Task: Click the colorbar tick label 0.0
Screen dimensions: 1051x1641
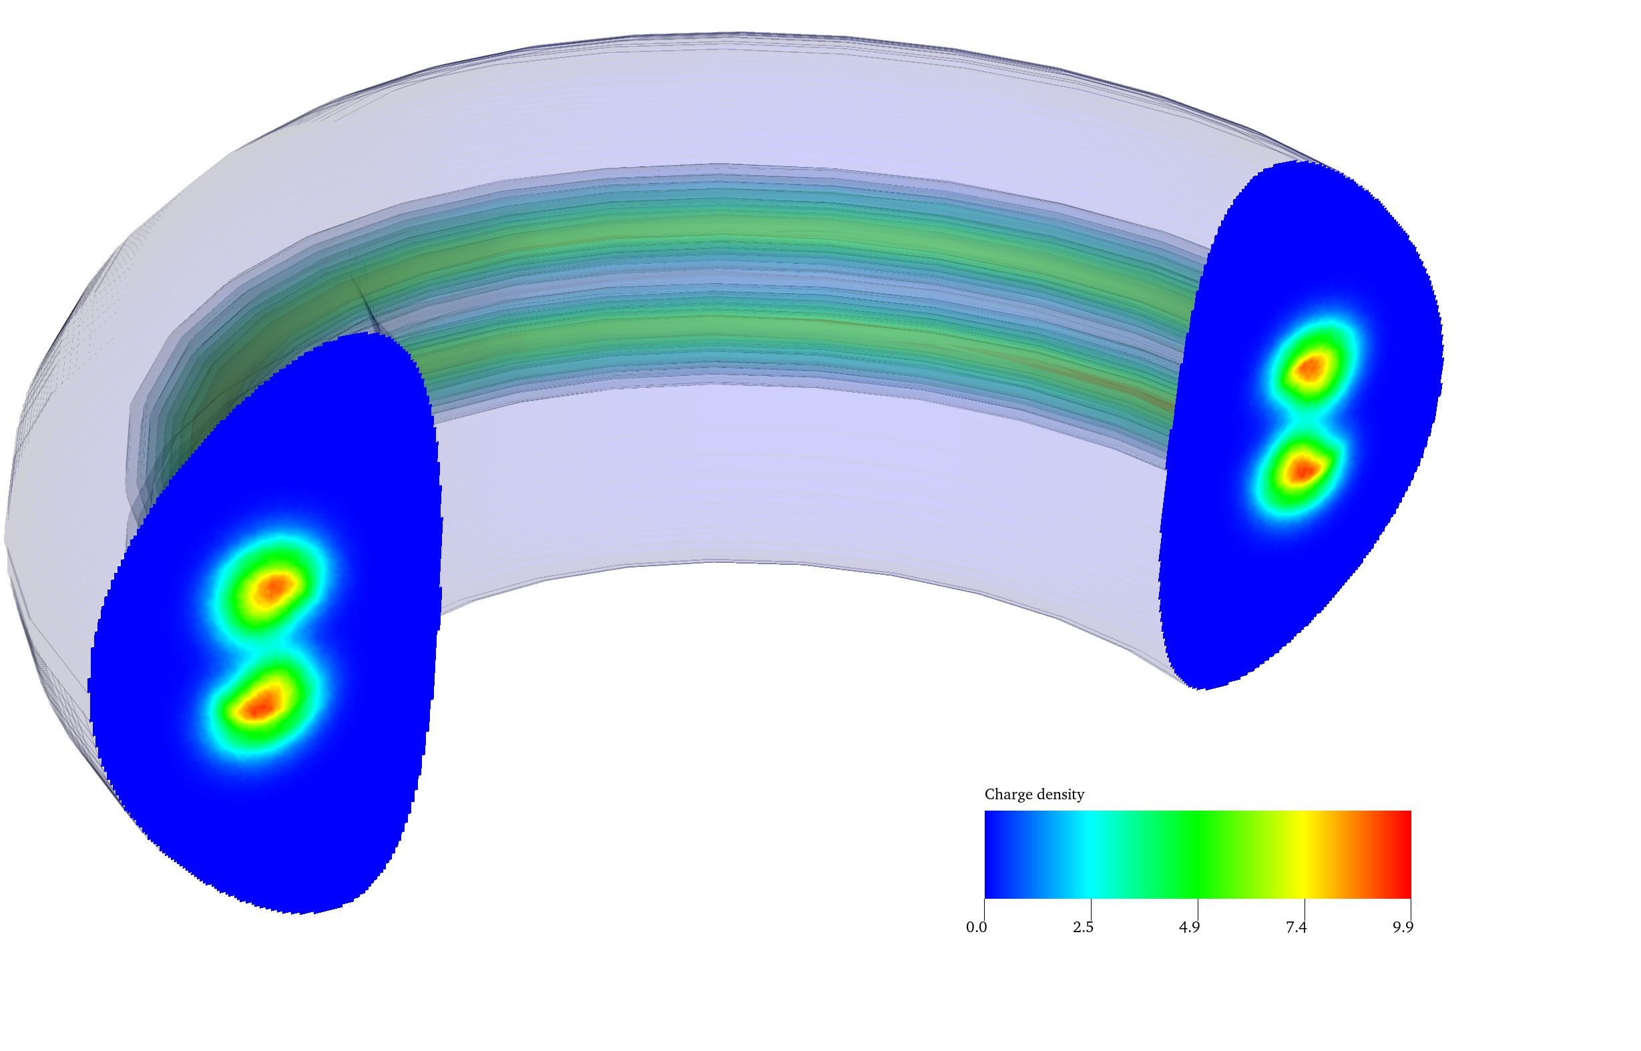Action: (x=976, y=927)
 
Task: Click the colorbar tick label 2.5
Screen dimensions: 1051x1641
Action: (x=1082, y=927)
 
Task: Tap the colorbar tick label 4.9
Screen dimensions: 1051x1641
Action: (x=1188, y=927)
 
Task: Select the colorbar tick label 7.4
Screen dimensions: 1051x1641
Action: (x=1295, y=927)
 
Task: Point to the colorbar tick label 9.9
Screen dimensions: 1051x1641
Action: (x=1402, y=927)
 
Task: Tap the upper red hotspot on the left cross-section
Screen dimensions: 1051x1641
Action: (x=273, y=588)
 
